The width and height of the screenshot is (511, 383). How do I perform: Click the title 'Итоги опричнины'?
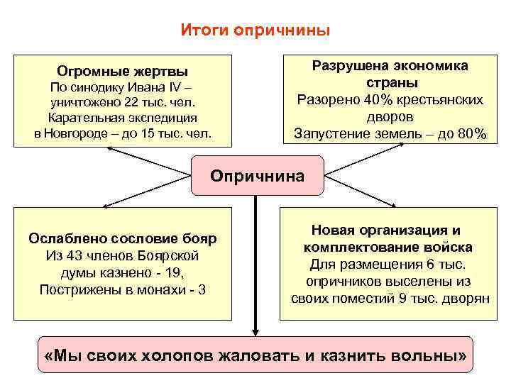(x=255, y=30)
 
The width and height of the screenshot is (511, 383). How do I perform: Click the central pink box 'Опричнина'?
(x=257, y=176)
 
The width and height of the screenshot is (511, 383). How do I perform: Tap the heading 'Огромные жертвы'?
(x=123, y=72)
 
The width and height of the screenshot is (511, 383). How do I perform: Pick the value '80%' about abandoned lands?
(x=471, y=133)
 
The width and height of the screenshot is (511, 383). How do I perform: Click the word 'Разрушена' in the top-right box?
(x=344, y=66)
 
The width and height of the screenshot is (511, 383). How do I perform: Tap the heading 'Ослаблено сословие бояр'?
(x=123, y=238)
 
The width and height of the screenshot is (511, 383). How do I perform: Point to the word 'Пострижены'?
(x=75, y=289)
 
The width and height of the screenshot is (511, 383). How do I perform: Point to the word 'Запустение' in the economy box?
(x=329, y=133)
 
